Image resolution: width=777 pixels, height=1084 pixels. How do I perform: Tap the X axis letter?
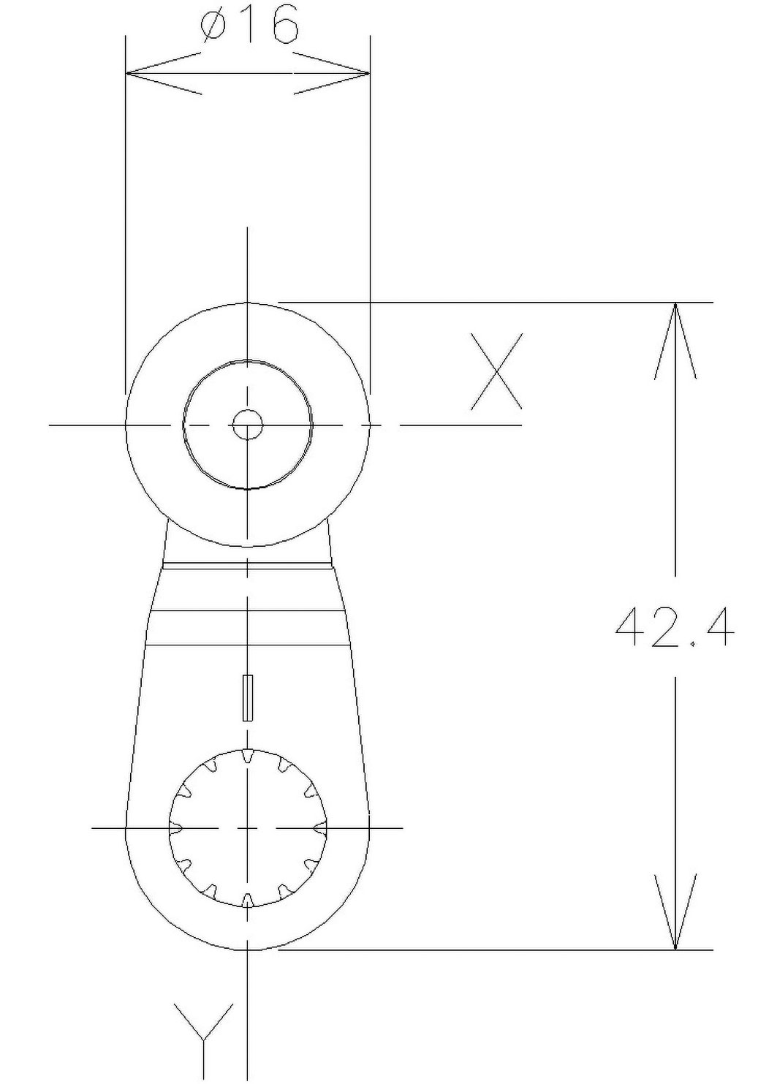(x=497, y=371)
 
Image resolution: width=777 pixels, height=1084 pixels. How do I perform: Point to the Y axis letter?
(x=205, y=1031)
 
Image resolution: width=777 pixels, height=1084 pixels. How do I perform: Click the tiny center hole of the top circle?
(x=248, y=425)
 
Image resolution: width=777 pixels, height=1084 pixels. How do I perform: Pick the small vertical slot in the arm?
(x=248, y=698)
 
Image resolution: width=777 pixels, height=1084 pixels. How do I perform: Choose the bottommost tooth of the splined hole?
(x=248, y=899)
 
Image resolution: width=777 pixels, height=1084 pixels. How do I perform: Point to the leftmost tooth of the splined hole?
(x=175, y=827)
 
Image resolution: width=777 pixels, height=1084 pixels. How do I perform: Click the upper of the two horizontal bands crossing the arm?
(x=248, y=610)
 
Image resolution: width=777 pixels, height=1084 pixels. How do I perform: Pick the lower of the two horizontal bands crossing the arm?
(x=248, y=645)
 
